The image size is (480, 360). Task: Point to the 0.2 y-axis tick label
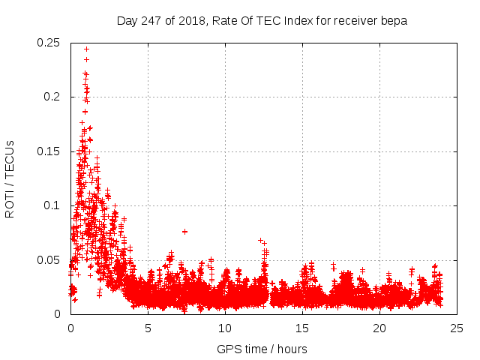[x=53, y=97]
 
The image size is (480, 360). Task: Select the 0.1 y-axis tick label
[x=53, y=205]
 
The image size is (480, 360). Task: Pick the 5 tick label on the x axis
[x=148, y=328]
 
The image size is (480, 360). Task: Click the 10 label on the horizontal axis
[x=225, y=328]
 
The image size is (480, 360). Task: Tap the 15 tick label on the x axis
[x=302, y=328]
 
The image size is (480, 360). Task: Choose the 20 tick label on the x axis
[x=379, y=328]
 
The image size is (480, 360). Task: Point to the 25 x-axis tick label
[x=457, y=328]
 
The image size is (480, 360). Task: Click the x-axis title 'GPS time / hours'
[x=262, y=349]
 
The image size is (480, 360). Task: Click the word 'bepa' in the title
[x=394, y=21]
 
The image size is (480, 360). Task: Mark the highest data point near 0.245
[x=86, y=49]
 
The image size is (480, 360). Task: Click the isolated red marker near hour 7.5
[x=184, y=231]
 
